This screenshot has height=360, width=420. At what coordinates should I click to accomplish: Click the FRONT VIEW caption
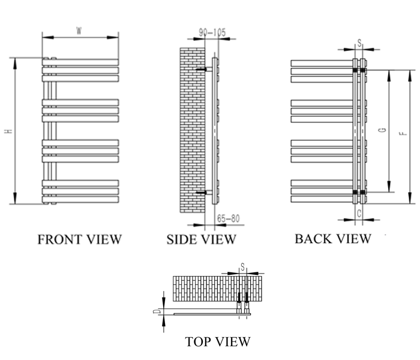(79, 239)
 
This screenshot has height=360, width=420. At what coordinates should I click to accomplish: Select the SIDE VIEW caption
(201, 239)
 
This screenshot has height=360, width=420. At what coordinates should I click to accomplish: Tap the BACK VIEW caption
(333, 238)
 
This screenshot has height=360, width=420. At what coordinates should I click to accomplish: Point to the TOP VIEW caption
(217, 342)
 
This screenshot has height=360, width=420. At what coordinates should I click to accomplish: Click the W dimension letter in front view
(79, 31)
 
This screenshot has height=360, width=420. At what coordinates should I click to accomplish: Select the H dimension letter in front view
(8, 131)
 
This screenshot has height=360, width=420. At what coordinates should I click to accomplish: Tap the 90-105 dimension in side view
(214, 34)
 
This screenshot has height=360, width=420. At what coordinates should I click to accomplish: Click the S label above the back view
(359, 43)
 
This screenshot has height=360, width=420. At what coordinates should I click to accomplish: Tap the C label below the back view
(359, 213)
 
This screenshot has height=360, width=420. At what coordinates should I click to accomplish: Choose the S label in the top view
(242, 266)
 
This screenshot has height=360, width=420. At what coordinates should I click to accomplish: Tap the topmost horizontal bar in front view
(80, 62)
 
